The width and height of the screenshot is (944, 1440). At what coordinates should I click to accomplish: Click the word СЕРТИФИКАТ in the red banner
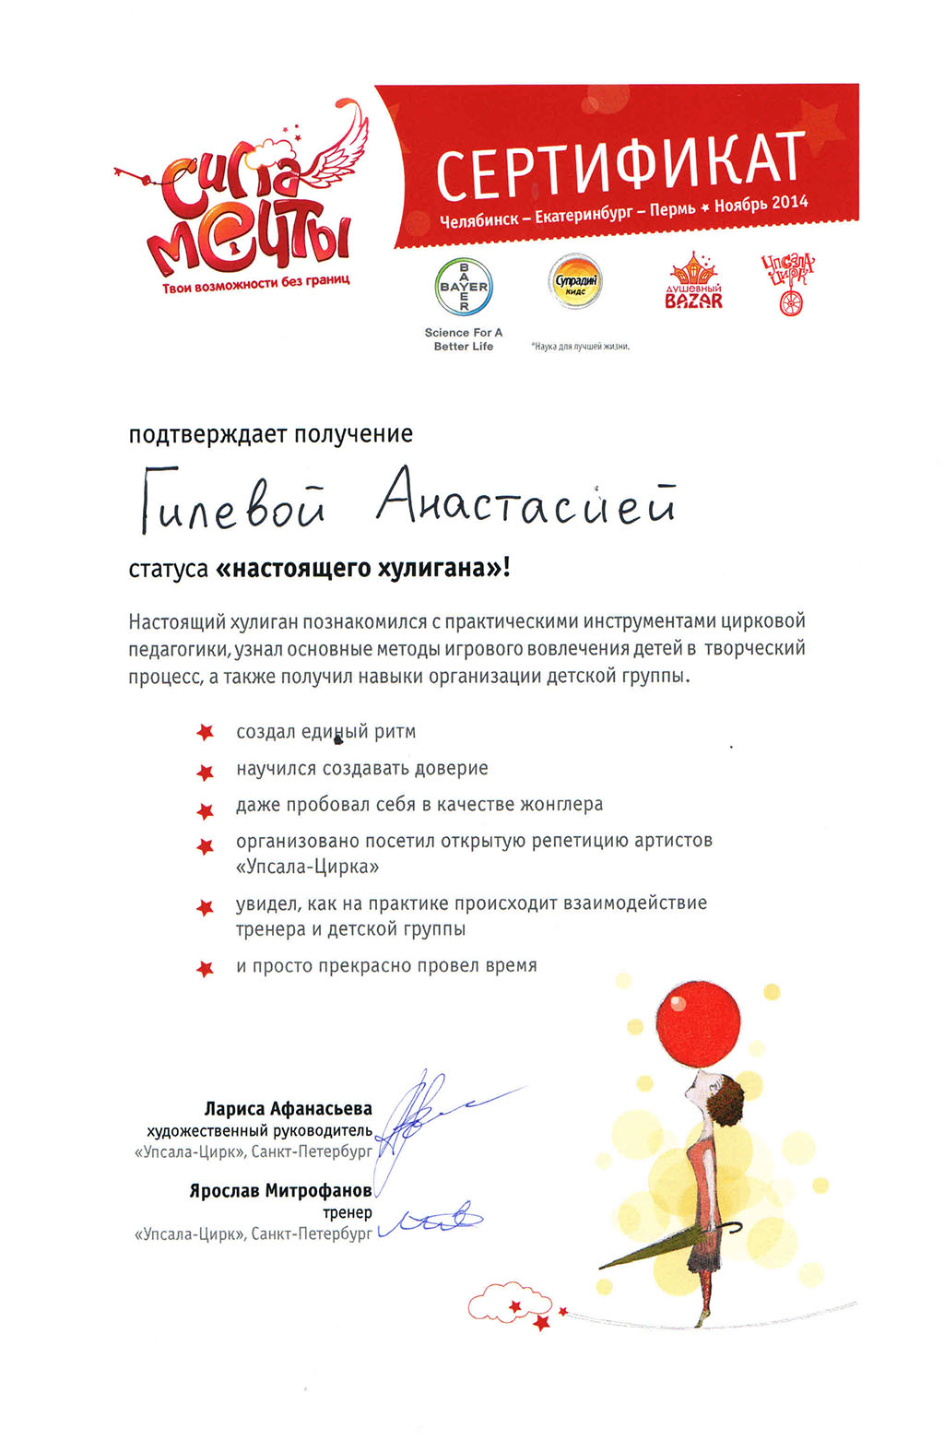[620, 165]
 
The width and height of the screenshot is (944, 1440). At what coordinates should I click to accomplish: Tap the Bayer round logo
[464, 287]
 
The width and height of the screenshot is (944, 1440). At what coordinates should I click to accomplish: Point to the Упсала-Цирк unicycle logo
[789, 285]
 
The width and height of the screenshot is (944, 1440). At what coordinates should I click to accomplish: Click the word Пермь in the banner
[672, 209]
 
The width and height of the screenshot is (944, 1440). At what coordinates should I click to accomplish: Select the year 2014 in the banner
[790, 202]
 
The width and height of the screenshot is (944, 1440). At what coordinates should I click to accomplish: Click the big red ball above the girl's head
[702, 1023]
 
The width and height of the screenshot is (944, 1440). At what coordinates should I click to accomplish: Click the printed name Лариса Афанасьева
[288, 1108]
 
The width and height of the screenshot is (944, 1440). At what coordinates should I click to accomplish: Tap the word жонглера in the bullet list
[561, 804]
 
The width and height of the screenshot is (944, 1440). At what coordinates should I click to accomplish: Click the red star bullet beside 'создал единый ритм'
[205, 733]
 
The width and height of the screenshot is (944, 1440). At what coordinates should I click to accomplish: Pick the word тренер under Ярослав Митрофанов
[348, 1212]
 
